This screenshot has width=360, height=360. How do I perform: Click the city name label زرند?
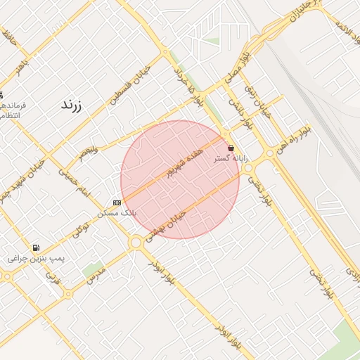72,105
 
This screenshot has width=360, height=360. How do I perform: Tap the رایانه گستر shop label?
230,160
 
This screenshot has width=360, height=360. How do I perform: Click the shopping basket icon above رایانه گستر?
231,148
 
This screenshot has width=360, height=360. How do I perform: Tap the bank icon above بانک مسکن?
117,202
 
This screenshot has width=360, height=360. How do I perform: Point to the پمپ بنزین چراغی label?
36,259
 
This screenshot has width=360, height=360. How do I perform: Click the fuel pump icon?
36,247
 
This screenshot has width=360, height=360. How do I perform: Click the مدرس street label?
95,275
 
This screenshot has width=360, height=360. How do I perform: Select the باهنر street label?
25,65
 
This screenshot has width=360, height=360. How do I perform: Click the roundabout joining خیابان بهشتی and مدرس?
135,243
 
